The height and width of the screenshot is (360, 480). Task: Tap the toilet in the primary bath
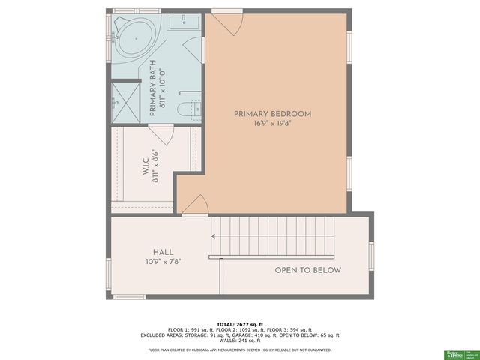[188, 110]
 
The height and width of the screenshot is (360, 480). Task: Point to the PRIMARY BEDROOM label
[272, 114]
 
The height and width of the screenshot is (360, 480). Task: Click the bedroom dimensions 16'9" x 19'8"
[272, 124]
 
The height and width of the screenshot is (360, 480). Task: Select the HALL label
[163, 253]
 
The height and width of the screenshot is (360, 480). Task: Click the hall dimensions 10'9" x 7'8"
[163, 262]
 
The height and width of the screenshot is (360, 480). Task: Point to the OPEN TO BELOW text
[307, 270]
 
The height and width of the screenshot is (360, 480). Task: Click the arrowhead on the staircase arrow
[213, 236]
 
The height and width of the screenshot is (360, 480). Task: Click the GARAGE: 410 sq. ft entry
[262, 335]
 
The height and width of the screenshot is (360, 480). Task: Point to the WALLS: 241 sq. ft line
[240, 342]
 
